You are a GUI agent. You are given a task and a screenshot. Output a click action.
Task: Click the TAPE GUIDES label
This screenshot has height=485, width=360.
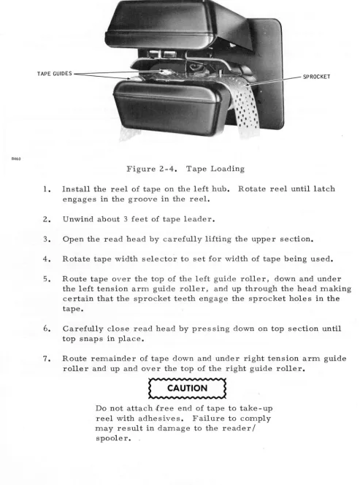[x=55, y=74]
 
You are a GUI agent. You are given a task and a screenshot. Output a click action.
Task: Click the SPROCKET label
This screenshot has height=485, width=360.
[x=316, y=77]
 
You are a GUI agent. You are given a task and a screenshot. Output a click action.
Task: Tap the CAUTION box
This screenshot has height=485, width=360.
[x=188, y=388]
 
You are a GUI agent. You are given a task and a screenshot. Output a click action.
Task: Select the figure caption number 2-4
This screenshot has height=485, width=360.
[x=169, y=169]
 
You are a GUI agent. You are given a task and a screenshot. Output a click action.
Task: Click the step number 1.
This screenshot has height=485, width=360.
[x=47, y=189]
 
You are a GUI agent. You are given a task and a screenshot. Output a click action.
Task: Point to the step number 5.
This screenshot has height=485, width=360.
[x=47, y=279]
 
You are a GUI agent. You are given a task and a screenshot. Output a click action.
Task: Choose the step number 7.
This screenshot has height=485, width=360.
[x=47, y=359]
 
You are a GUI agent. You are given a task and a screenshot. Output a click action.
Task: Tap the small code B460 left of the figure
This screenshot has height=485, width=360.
[x=16, y=159]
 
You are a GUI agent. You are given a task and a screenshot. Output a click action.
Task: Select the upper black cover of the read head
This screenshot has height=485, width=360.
[x=161, y=25]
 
